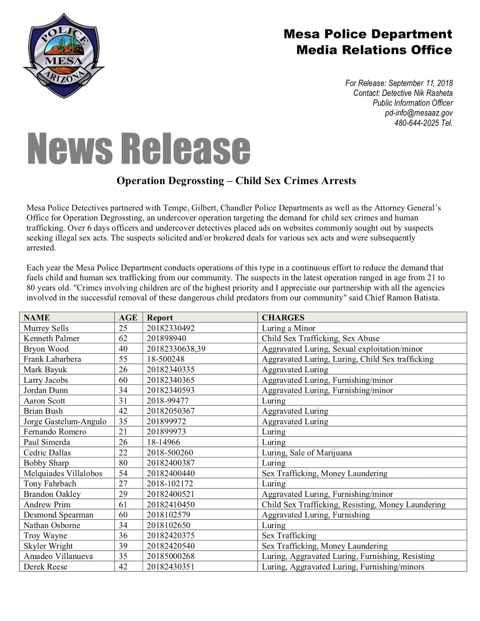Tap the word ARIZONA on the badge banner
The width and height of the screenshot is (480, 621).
[63, 77]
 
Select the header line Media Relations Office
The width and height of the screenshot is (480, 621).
[374, 50]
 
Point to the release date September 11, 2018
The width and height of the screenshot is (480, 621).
[420, 83]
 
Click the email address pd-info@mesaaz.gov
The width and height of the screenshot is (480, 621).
[418, 113]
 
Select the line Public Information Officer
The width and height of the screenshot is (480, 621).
[412, 103]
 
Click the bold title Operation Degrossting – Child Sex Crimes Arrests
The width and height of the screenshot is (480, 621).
[236, 180]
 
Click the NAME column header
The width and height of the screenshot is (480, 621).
[37, 317]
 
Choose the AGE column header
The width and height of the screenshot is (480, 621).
[128, 317]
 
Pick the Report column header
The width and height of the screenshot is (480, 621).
[160, 317]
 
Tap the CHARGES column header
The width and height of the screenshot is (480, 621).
[283, 317]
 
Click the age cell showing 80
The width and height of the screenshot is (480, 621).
[123, 463]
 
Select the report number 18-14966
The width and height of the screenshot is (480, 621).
[163, 442]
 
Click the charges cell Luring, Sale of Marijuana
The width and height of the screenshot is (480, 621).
[307, 453]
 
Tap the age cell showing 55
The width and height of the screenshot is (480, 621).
[123, 359]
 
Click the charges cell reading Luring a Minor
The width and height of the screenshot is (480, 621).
[288, 328]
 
